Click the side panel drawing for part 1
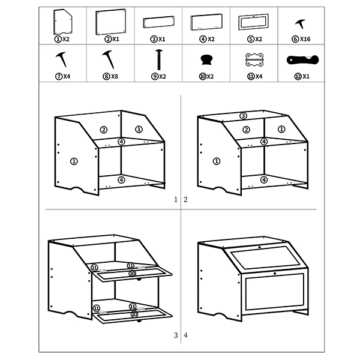coord(62,22)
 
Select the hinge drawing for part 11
coord(254,59)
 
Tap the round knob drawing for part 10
coord(206,59)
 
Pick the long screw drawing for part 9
coord(159,59)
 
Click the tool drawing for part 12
coord(302,60)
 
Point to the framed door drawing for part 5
coord(253,22)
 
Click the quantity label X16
coord(305,39)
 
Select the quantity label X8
coord(115,76)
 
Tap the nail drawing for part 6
coord(301,24)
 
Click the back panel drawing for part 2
coord(111,22)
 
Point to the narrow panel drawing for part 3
coord(158,22)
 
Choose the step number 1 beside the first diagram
coord(176,200)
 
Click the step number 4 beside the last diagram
coord(185,335)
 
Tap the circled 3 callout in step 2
coord(243,116)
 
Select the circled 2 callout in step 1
coord(104,130)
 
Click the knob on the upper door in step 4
coord(260,247)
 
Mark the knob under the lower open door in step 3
coord(139,320)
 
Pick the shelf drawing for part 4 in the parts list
coord(206,22)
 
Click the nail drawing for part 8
coord(109,59)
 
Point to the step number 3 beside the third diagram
coord(176,335)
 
